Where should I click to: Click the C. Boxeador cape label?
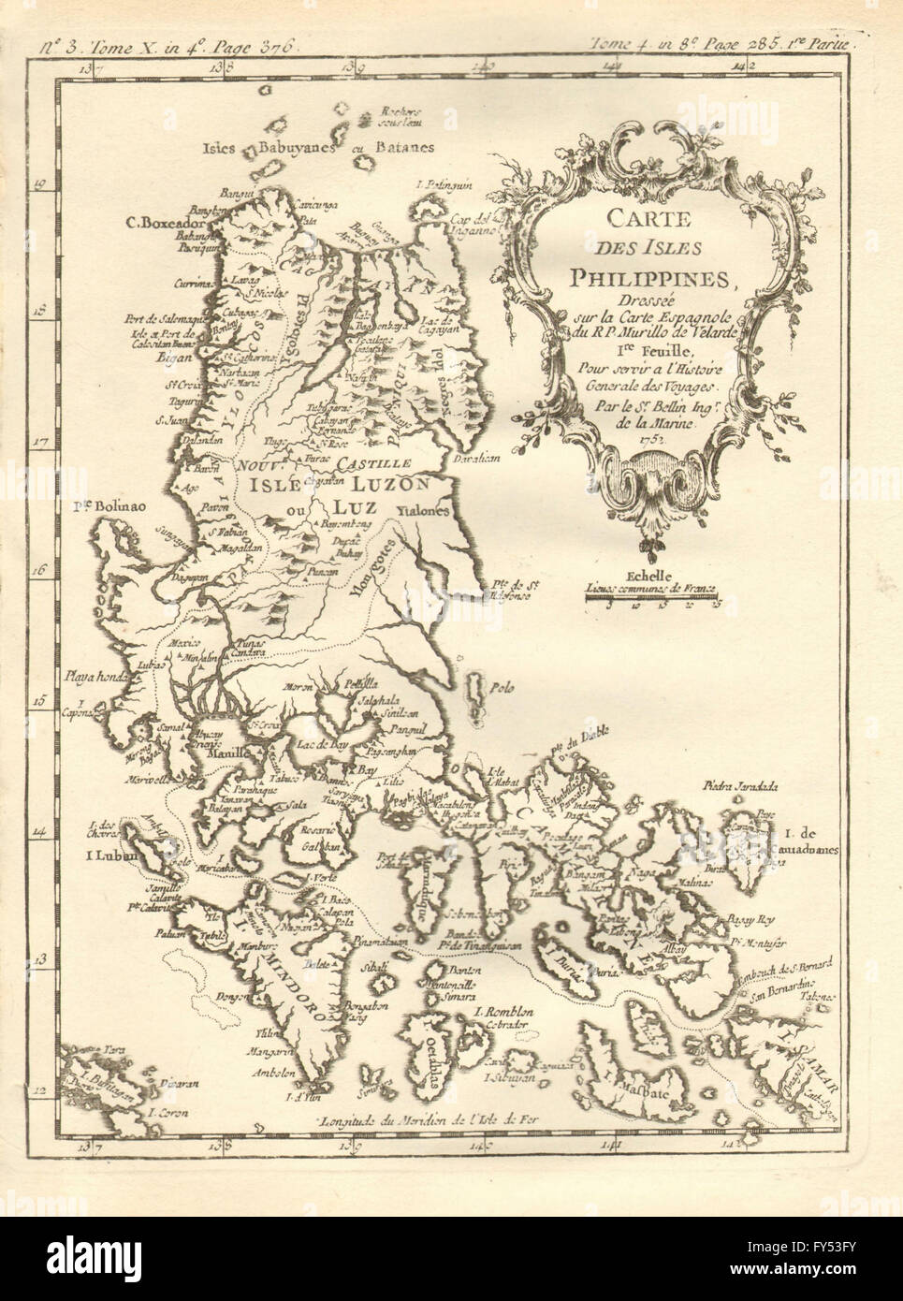162,224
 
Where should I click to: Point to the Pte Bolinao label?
115,508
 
